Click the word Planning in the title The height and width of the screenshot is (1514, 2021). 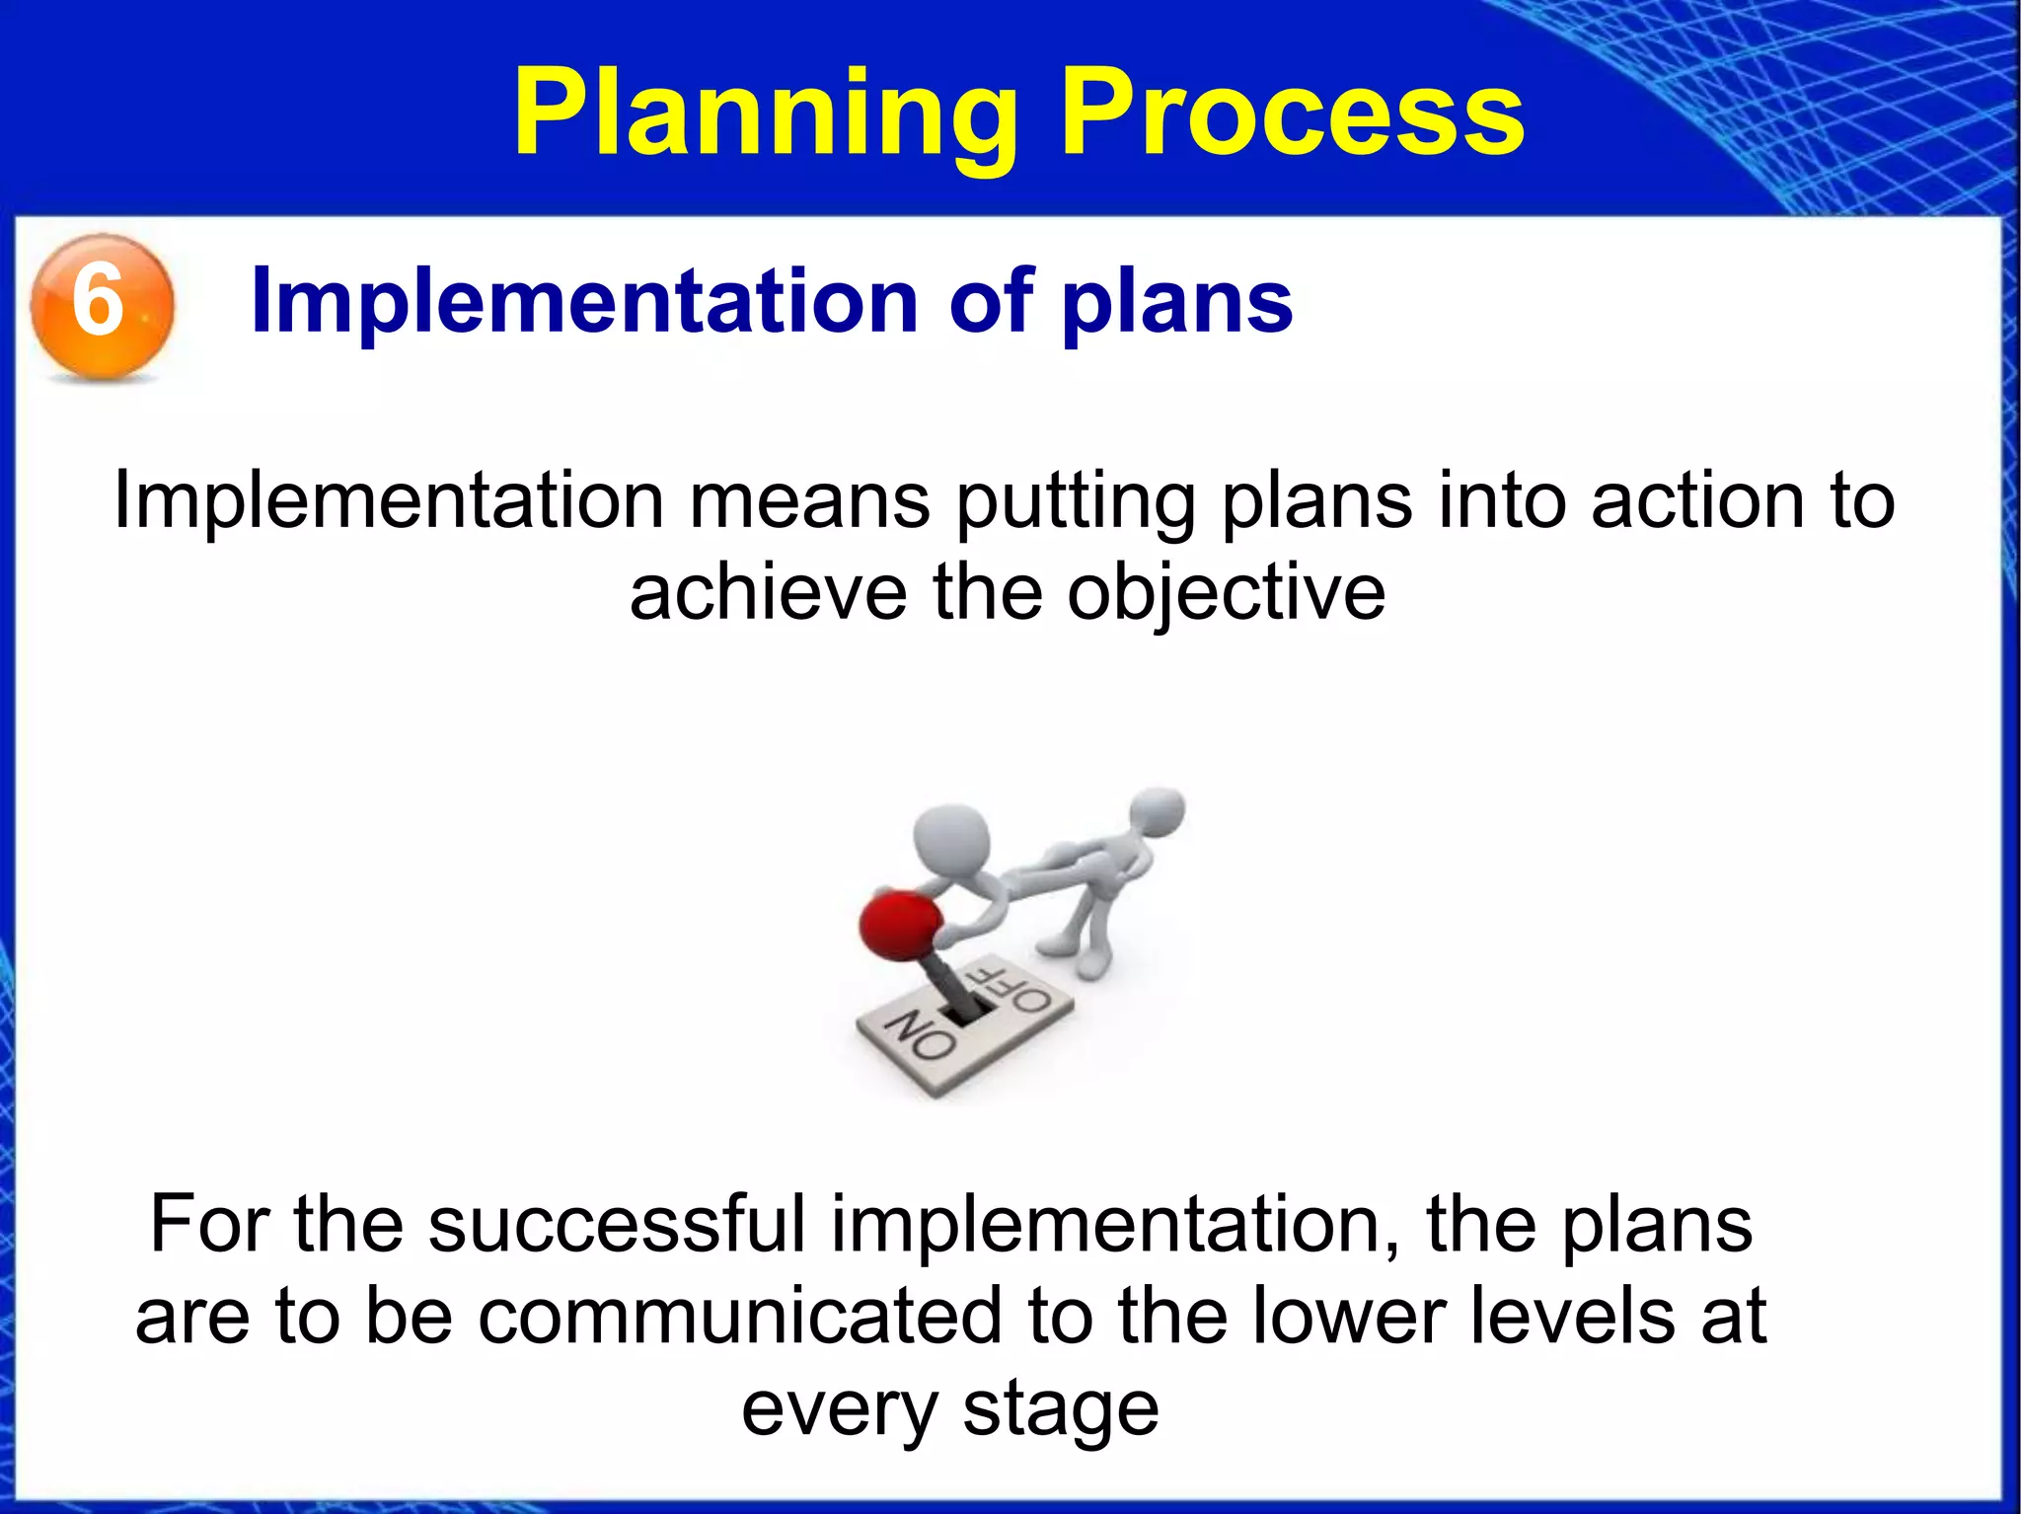[765, 114]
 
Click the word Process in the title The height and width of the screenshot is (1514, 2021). [1293, 114]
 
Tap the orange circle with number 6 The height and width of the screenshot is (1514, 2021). [102, 305]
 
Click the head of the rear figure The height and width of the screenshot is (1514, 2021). [1158, 812]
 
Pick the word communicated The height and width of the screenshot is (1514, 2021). [740, 1317]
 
